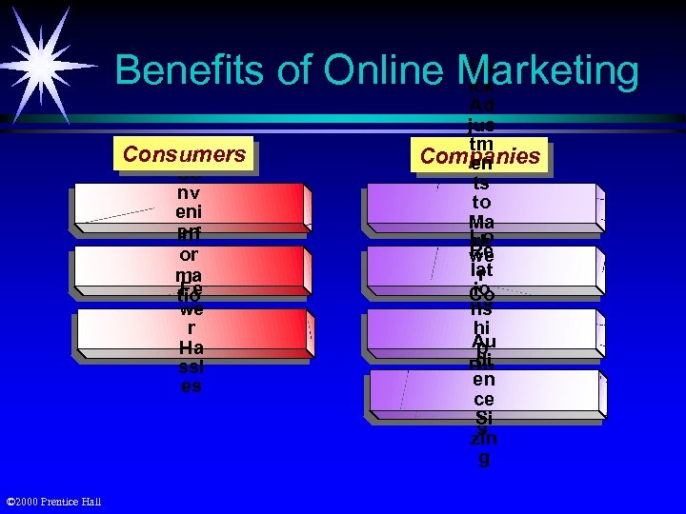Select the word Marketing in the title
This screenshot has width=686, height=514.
(x=548, y=71)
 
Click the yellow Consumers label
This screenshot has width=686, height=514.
(x=185, y=154)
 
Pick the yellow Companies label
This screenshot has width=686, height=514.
(x=480, y=156)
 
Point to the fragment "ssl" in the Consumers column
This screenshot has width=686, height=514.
(x=191, y=367)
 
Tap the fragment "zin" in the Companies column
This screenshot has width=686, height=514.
(x=483, y=439)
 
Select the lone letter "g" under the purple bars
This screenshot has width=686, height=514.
(x=483, y=458)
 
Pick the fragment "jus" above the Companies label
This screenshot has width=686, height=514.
(x=481, y=124)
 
